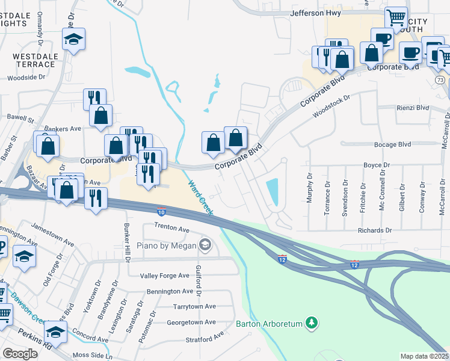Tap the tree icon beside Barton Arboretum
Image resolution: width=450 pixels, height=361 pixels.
pos(311,323)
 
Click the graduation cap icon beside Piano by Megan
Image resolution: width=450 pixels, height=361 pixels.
pos(205,244)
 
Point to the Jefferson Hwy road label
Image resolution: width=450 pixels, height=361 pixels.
pos(315,13)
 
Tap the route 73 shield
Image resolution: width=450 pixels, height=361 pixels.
pos(441,79)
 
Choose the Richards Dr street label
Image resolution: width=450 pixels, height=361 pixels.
pos(374,230)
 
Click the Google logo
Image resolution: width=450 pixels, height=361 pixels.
pos(20,354)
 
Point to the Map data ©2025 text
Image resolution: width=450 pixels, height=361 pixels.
pos(425,356)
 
